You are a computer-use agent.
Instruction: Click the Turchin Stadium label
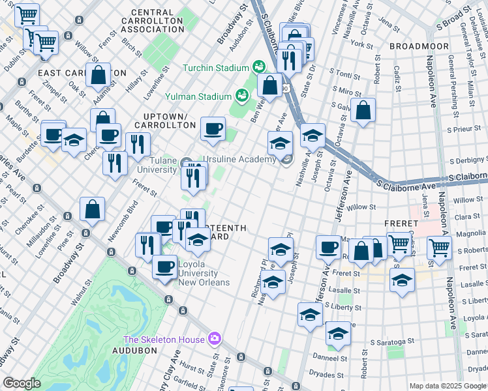215,68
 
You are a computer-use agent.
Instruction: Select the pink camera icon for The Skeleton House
214,338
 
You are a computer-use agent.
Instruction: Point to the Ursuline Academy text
239,160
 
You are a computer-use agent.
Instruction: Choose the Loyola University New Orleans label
204,273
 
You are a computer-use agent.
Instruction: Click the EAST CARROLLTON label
82,73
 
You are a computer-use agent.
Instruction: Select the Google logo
22,383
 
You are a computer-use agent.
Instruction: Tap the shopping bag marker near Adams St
98,75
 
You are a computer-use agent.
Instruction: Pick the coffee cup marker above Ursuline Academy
213,128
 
